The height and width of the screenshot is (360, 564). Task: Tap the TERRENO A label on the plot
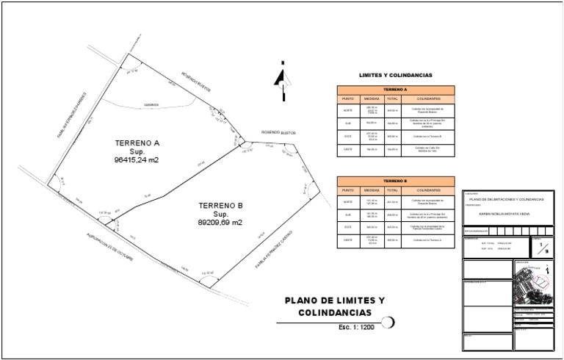[x=137, y=143]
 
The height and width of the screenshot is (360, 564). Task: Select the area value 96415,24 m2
[x=137, y=159]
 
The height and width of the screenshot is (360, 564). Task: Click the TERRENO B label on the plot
[x=220, y=205]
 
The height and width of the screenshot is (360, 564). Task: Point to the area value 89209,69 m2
[x=220, y=222]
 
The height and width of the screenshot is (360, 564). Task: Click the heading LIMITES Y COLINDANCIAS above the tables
[x=395, y=75]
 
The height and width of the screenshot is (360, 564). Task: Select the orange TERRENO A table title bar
[x=395, y=90]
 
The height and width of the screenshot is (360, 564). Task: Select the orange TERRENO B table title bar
[x=395, y=181]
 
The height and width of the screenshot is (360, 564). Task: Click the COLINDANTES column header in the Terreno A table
[x=428, y=98]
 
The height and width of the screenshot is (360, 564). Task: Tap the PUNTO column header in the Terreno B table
[x=348, y=190]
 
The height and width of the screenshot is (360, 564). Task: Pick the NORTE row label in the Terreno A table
[x=348, y=109]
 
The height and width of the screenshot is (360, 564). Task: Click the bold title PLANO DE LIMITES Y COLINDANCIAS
[x=334, y=307]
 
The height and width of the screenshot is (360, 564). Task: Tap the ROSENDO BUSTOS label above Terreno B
[x=276, y=133]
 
